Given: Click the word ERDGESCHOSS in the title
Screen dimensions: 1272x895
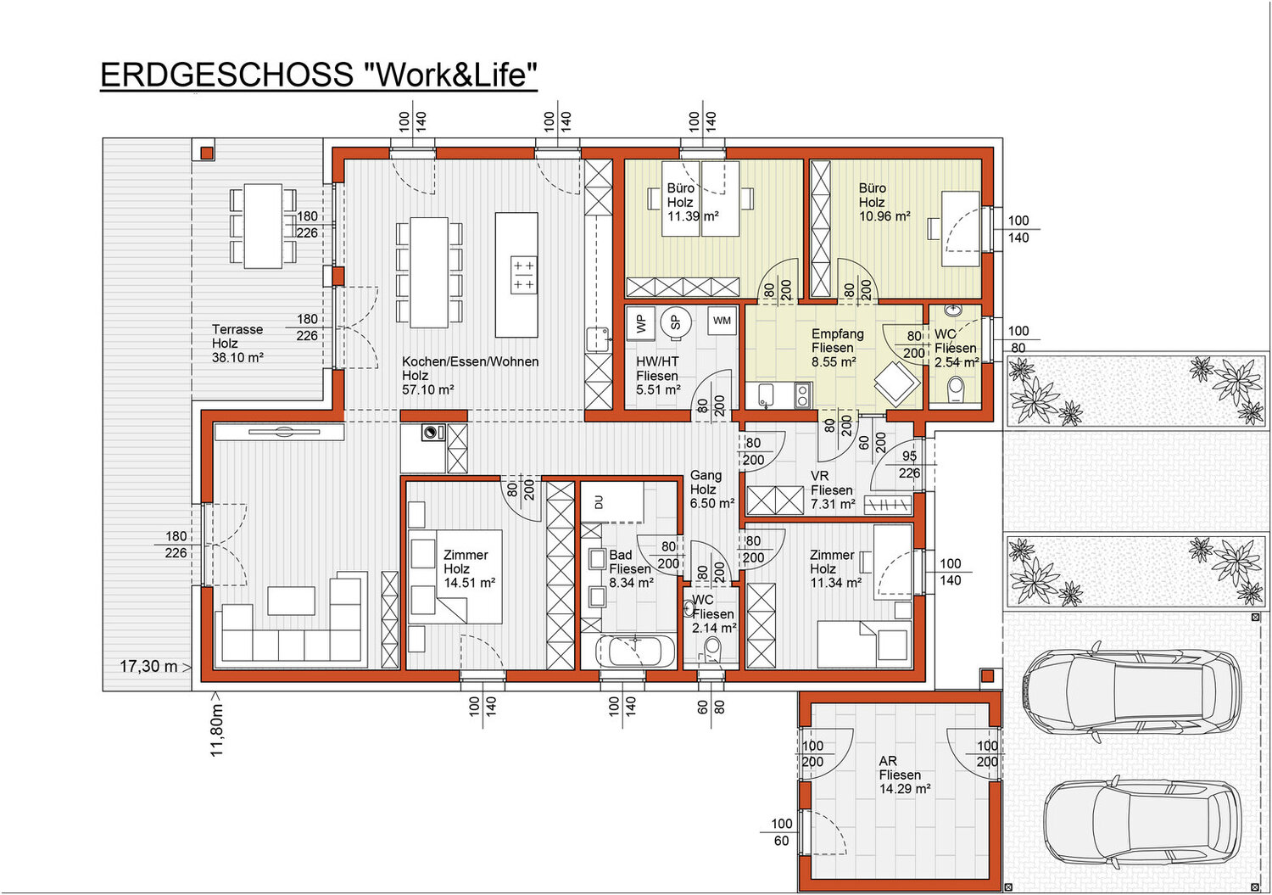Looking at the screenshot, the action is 226,75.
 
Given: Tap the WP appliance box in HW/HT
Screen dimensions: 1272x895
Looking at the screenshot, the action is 640,324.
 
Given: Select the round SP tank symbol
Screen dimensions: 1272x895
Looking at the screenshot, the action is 676,322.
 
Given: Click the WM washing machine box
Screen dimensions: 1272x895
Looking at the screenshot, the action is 722,321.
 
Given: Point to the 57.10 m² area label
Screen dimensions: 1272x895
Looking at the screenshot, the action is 427,390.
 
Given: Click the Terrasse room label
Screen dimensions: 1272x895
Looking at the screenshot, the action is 237,329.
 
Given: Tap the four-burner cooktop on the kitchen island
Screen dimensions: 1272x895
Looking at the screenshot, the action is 523,275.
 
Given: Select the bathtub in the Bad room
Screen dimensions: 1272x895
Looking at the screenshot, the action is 635,652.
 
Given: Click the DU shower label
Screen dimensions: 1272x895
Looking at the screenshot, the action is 598,501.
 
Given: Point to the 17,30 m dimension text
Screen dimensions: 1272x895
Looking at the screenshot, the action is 148,666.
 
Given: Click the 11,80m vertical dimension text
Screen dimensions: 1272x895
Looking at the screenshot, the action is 217,730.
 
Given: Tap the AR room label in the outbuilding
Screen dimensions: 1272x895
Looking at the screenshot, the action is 888,761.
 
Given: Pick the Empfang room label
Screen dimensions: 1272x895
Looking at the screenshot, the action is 838,334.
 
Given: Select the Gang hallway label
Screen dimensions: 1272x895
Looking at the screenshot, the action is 706,476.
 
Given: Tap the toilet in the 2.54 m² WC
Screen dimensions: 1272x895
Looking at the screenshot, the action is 957,391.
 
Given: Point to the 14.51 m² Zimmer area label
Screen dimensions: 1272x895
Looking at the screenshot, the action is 470,583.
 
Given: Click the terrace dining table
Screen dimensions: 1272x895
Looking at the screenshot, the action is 263,227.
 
